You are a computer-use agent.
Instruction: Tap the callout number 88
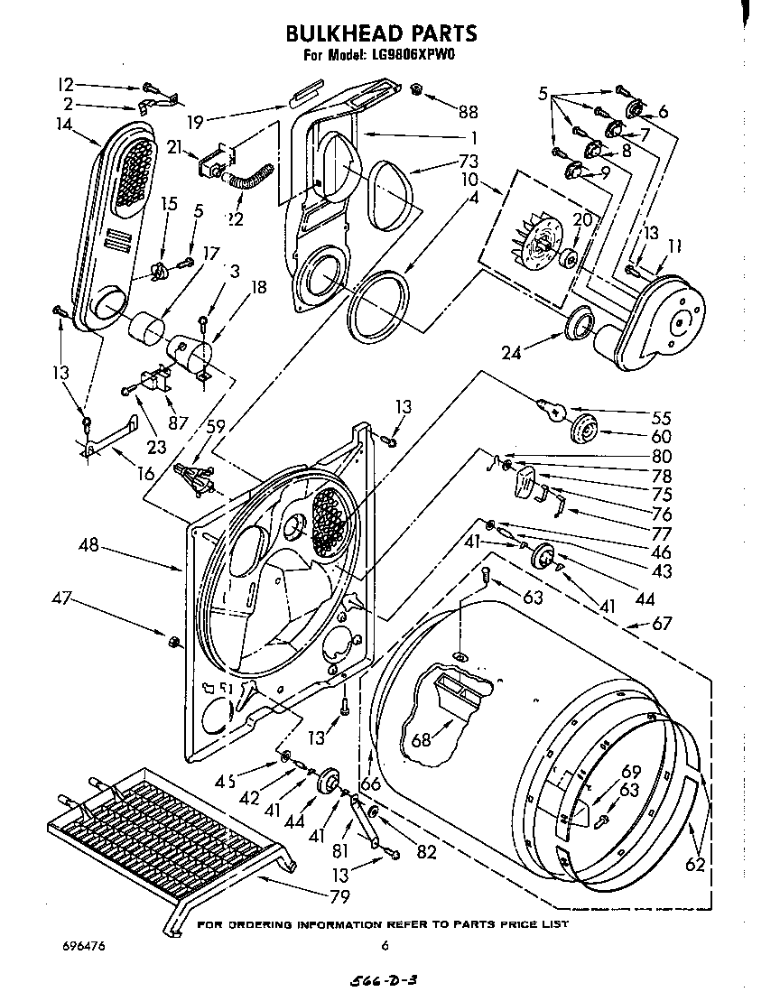coord(467,112)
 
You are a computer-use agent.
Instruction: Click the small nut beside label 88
coord(417,89)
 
